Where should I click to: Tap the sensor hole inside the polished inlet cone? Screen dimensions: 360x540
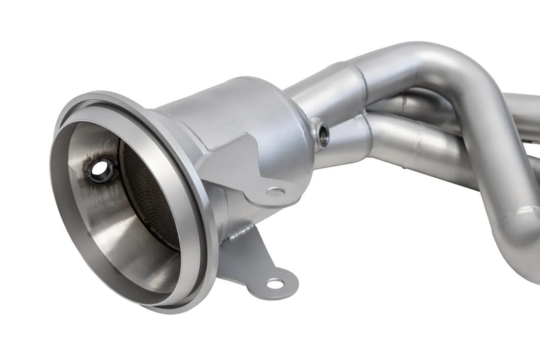click(102, 171)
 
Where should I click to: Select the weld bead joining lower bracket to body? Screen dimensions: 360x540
click(233, 233)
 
